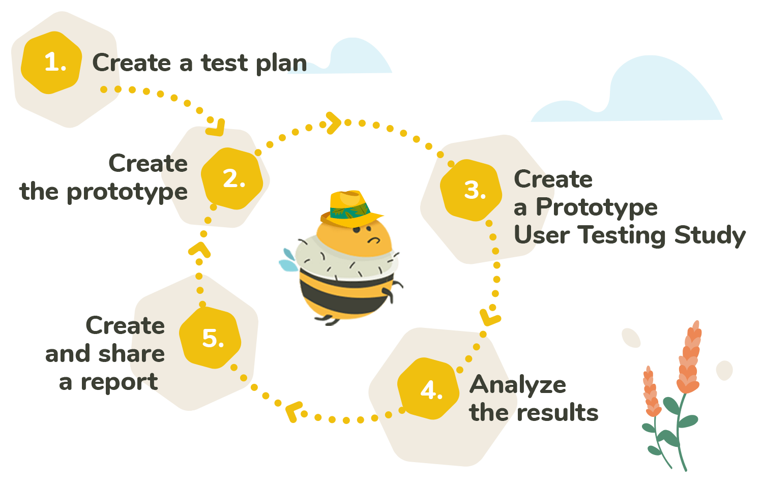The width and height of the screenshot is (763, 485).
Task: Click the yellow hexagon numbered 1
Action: point(51,63)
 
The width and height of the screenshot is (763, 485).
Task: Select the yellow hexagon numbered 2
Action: point(232,178)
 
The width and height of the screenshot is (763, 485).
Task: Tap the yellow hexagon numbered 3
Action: point(472,190)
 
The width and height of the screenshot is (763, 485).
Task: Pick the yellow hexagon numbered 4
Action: point(429,389)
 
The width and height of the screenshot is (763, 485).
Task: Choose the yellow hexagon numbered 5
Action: point(211,338)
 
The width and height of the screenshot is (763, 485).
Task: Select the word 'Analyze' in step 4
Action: point(517,385)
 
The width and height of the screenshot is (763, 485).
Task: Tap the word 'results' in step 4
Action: point(557,412)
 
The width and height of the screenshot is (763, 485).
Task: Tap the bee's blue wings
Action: point(288,260)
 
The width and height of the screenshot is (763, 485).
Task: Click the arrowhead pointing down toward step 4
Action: point(490,316)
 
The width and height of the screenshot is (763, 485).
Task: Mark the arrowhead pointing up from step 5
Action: point(199,250)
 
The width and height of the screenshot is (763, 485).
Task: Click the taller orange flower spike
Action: point(690,358)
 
